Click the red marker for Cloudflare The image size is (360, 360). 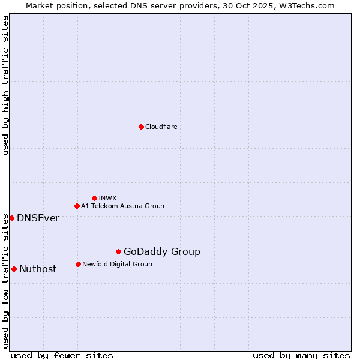pyautogui.click(x=141, y=127)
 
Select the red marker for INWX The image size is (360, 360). pyautogui.click(x=94, y=198)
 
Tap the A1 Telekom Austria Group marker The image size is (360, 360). pyautogui.click(x=77, y=206)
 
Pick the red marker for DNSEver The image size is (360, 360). pyautogui.click(x=11, y=218)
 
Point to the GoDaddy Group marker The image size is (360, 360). pyautogui.click(x=118, y=251)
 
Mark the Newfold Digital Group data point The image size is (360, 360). pyautogui.click(x=78, y=264)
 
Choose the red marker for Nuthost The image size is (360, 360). pyautogui.click(x=14, y=269)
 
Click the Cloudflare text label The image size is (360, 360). pyautogui.click(x=161, y=127)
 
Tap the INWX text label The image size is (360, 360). pyautogui.click(x=107, y=198)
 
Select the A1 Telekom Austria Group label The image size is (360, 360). pyautogui.click(x=122, y=206)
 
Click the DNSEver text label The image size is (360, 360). pyautogui.click(x=38, y=218)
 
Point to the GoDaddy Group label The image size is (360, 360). pyautogui.click(x=162, y=252)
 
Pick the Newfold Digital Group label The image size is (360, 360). pyautogui.click(x=117, y=264)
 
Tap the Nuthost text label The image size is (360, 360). pyautogui.click(x=38, y=269)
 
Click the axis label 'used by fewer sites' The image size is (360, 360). pyautogui.click(x=62, y=355)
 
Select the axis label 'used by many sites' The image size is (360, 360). pyautogui.click(x=301, y=355)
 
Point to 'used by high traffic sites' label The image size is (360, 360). pyautogui.click(x=5, y=85)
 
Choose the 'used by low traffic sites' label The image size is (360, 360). pyautogui.click(x=5, y=281)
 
